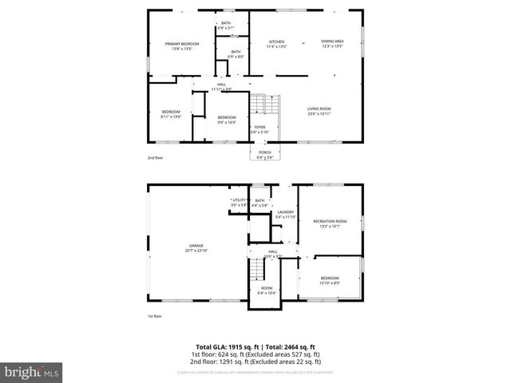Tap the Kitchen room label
click(276, 41)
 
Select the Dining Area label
click(332, 41)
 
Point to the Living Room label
click(319, 109)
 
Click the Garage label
click(196, 245)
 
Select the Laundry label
click(285, 211)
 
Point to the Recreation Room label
click(330, 220)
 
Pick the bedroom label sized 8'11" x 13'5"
click(171, 111)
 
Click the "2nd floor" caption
click(155, 158)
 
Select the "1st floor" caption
click(155, 317)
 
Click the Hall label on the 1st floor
click(273, 251)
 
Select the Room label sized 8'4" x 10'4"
click(267, 288)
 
